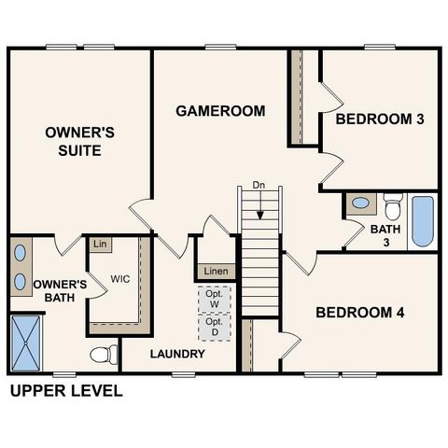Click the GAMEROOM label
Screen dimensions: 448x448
(220, 111)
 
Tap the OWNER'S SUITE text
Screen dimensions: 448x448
(79, 142)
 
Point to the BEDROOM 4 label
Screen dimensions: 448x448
(359, 312)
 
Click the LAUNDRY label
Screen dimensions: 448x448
(177, 355)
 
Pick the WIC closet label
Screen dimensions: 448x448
(120, 279)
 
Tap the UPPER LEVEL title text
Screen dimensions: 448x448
(65, 391)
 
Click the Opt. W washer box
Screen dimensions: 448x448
(214, 299)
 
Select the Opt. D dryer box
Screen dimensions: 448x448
(214, 327)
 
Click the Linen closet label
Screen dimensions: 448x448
(216, 272)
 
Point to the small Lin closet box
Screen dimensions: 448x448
(100, 245)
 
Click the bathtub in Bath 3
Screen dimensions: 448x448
(423, 221)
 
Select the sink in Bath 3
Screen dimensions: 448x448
(359, 203)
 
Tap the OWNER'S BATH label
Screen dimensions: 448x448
(60, 291)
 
